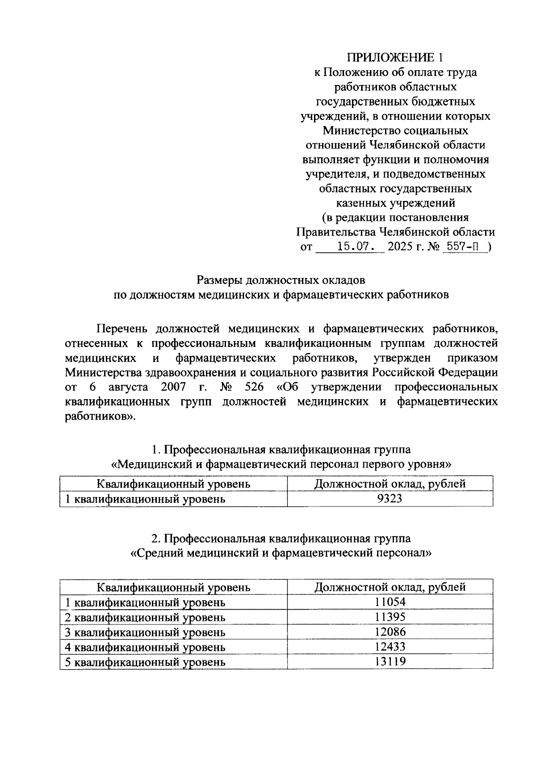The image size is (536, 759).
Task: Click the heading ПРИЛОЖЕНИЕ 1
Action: tap(397, 58)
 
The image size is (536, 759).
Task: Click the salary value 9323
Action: tap(389, 498)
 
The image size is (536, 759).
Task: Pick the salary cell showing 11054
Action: tap(390, 602)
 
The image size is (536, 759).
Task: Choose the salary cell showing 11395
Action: tap(390, 617)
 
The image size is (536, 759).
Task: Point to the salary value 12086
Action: tap(390, 632)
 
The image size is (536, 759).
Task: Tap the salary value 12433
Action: tap(390, 647)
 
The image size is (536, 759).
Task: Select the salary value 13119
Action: tap(390, 662)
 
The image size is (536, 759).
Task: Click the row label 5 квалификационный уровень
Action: tap(145, 662)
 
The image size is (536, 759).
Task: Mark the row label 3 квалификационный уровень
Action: tap(145, 632)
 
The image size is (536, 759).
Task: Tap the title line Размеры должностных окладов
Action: tap(281, 280)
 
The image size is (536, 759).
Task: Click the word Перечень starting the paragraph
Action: tap(121, 329)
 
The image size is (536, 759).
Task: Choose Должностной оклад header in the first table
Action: tap(390, 484)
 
